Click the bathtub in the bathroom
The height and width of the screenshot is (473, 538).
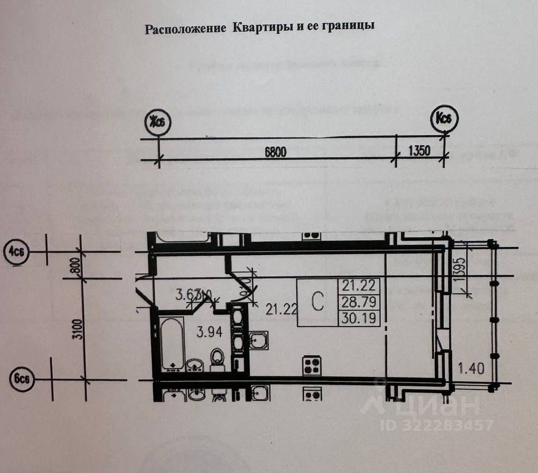[172, 343]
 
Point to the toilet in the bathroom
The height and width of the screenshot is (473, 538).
[216, 360]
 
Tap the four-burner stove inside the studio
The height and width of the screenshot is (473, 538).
[312, 365]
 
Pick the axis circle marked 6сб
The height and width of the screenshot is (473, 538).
[19, 379]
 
